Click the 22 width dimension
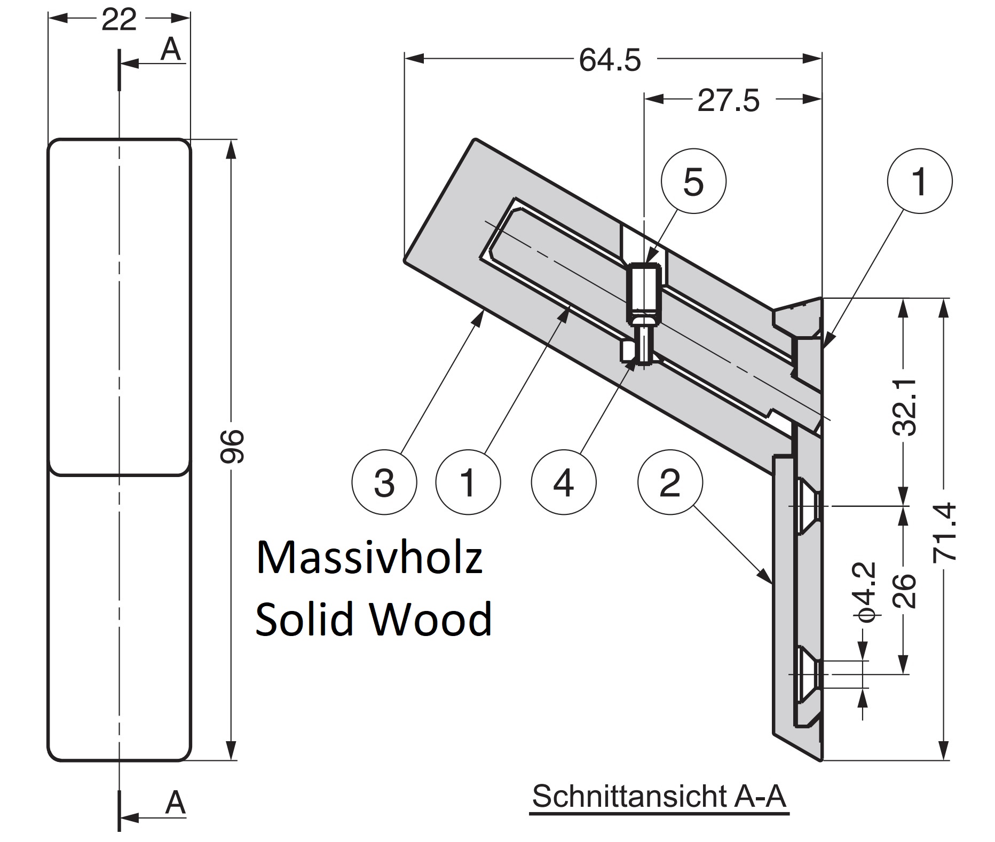click(x=119, y=20)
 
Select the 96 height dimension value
click(x=233, y=446)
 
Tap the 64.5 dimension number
click(x=610, y=60)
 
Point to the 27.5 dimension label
click(x=728, y=100)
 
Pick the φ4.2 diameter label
click(x=865, y=591)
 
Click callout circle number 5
click(x=693, y=181)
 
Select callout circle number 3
click(x=384, y=483)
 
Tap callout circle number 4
click(x=563, y=483)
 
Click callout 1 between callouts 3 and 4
click(x=468, y=483)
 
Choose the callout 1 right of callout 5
click(x=919, y=181)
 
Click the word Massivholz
click(x=369, y=558)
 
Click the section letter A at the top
click(x=171, y=50)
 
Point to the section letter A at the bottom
click(x=175, y=802)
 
